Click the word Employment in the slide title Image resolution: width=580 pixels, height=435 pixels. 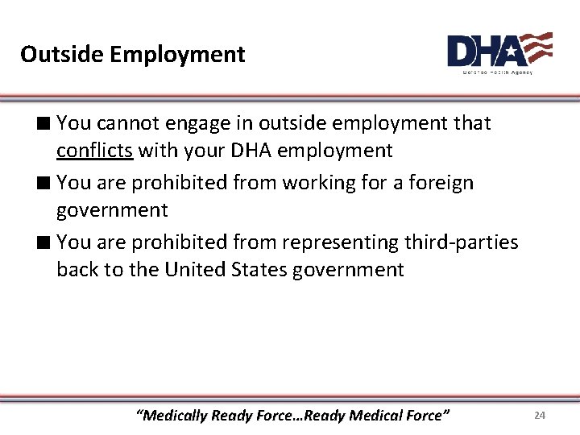(177, 55)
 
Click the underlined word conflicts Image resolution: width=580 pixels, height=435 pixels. (95, 151)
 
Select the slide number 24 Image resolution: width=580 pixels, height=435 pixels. (540, 415)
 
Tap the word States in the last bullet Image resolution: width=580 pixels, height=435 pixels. (259, 270)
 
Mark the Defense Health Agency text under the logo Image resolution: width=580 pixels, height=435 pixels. (497, 72)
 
